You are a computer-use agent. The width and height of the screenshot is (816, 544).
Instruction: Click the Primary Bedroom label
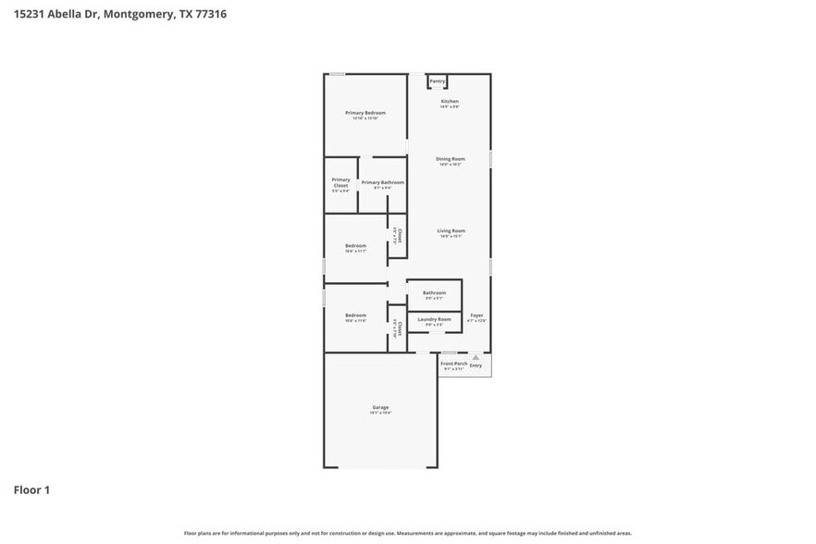pos(365,113)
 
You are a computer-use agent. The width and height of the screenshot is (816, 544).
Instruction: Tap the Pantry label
pos(437,81)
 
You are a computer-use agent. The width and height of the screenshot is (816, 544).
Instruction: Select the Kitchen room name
pos(450,101)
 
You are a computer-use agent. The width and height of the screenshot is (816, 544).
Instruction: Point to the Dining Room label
pos(451,159)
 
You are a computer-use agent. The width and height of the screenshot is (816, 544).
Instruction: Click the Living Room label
pos(451,230)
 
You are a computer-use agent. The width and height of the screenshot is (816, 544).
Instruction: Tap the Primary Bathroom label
pos(382,182)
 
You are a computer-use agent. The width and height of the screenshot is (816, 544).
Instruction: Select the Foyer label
pos(476,315)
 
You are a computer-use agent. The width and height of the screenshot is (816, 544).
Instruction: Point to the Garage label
pos(380,407)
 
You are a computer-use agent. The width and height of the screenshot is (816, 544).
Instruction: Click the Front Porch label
pos(453,364)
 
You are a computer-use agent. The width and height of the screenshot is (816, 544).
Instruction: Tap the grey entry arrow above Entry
pos(476,356)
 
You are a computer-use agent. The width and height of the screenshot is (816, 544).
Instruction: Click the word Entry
pos(476,365)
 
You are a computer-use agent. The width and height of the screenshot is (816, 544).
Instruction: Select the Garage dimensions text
pos(380,413)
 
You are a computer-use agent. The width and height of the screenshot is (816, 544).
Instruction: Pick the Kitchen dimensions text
pos(450,106)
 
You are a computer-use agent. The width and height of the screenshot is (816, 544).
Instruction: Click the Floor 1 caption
pos(31,489)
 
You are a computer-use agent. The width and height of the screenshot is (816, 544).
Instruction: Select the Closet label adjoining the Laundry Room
pos(399,328)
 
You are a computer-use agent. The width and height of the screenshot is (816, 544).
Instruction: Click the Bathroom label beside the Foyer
pos(434,293)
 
